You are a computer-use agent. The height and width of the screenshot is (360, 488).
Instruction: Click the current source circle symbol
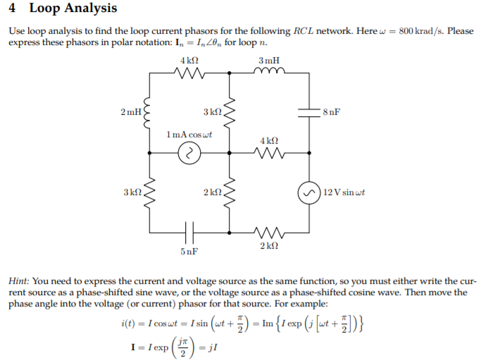point(189,152)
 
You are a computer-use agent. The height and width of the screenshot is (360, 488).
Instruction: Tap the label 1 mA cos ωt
point(189,134)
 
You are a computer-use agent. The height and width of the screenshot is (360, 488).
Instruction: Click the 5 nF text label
point(189,251)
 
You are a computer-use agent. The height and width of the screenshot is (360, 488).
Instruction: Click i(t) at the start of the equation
point(130,324)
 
